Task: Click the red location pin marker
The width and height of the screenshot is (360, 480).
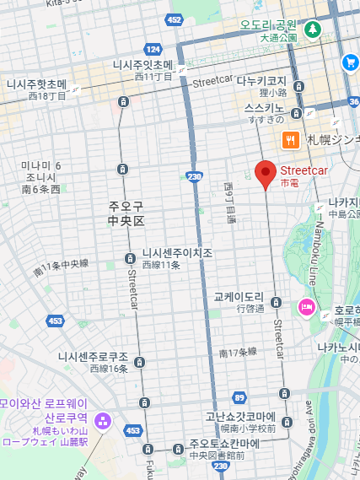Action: click(266, 174)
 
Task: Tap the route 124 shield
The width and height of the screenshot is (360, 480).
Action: click(153, 49)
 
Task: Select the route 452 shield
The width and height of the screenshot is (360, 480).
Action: click(175, 19)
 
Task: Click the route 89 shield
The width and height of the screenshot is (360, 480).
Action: click(239, 397)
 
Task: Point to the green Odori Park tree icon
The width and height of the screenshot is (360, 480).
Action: click(313, 29)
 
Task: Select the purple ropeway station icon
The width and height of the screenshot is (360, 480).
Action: click(103, 419)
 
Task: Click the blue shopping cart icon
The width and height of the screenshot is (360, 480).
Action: click(350, 62)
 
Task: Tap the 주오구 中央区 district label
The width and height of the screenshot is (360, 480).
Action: click(126, 213)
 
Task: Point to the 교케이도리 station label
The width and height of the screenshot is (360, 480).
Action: click(239, 298)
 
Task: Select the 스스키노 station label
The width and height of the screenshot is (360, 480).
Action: click(264, 109)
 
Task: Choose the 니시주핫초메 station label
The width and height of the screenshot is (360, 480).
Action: click(36, 84)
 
